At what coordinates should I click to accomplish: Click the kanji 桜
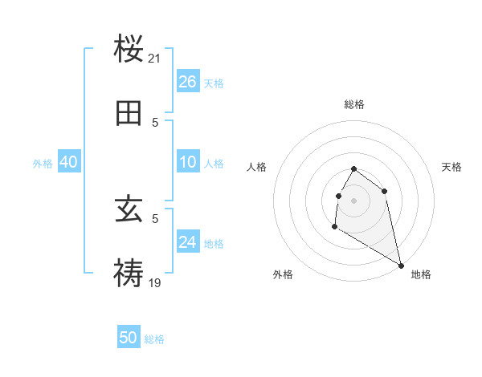tap(129, 49)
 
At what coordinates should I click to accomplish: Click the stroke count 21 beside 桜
tap(155, 59)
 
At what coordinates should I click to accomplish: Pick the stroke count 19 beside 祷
tap(155, 282)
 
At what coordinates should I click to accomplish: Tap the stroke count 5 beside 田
tap(155, 122)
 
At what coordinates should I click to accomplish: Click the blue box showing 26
tap(188, 81)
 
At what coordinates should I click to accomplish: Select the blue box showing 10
tap(188, 162)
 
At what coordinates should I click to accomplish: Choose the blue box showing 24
tap(188, 242)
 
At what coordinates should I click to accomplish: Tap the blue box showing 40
tap(68, 162)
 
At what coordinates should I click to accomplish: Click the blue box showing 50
tap(129, 338)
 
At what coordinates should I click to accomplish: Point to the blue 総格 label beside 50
tap(154, 339)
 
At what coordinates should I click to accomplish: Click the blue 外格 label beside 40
tap(43, 164)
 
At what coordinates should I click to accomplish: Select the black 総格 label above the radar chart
tap(354, 104)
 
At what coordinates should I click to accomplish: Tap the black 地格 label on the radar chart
tap(421, 274)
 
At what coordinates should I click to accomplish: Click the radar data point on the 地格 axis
tap(402, 266)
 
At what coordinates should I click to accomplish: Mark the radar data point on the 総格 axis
tap(354, 169)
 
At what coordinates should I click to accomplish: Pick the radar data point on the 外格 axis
tap(335, 227)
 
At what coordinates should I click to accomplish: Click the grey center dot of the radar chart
tap(354, 200)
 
